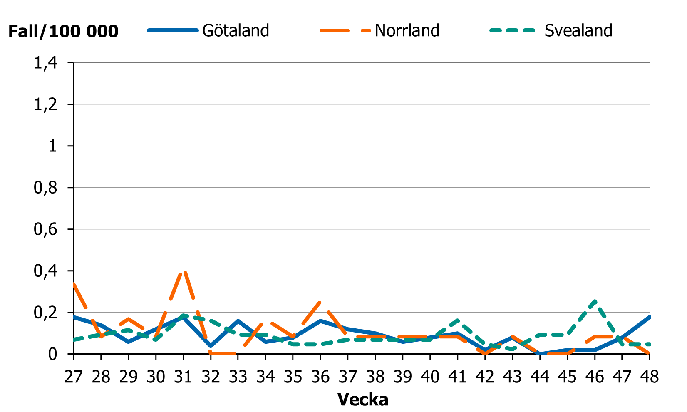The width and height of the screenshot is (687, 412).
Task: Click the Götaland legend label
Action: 236,30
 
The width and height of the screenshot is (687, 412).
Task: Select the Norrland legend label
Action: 407,30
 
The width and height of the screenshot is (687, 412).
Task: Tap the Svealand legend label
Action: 578,30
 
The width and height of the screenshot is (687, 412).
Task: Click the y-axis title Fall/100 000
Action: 63,31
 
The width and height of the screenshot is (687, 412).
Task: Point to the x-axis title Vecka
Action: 363,400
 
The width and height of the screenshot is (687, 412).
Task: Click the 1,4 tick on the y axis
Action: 45,63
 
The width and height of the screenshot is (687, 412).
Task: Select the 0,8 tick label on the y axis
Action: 45,188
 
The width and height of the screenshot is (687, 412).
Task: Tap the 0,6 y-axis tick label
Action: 45,229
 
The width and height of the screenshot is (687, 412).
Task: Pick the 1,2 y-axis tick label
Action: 45,104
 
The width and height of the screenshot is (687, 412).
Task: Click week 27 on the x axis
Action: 74,377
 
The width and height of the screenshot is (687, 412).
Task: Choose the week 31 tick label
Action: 183,377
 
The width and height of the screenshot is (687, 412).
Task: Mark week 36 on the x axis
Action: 320,377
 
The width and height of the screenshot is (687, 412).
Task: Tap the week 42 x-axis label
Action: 485,377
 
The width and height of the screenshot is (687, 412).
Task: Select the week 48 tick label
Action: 649,377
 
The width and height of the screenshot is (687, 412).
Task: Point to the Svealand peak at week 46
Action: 595,301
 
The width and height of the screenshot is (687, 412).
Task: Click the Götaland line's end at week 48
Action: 649,317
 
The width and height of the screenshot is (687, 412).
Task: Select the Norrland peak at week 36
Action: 320,303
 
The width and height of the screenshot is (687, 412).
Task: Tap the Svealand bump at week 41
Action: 457,320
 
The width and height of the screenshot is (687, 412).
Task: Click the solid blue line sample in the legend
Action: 172,30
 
